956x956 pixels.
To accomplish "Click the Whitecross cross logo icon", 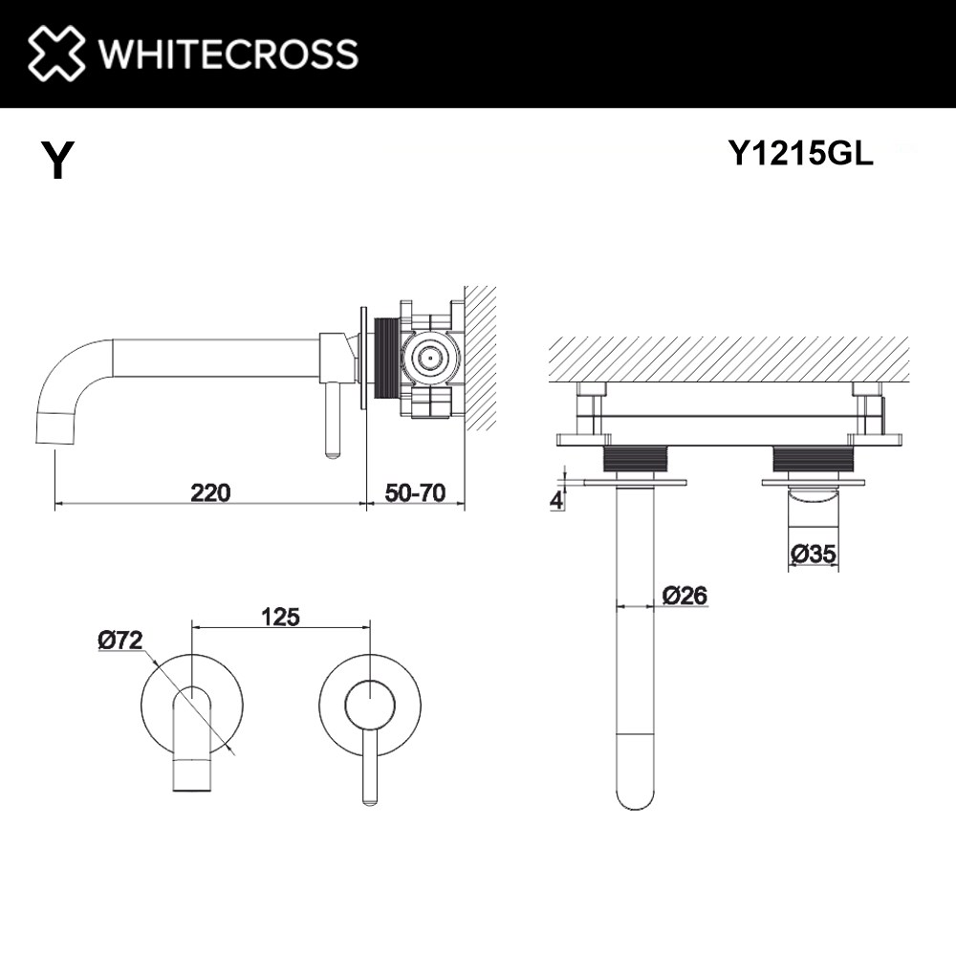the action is point(56,53).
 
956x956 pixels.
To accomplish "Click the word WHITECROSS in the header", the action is point(228,54).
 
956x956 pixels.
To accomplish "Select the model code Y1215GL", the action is point(801,152).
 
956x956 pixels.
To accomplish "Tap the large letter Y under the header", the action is point(57,160).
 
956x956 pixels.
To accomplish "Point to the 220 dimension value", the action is point(211,492).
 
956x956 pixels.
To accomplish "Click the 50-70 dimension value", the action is point(415,492).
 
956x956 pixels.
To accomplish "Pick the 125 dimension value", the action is point(280,617).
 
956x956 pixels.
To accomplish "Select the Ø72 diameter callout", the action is point(120,641).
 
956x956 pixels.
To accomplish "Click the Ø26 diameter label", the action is point(684,595).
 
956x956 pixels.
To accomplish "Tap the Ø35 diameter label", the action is point(814,554).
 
